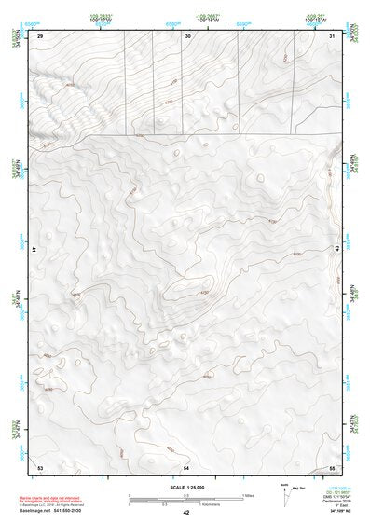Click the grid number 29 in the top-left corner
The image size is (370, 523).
40,35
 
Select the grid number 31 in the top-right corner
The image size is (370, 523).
332,35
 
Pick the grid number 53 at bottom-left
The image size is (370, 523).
40,465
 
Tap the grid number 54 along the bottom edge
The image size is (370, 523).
186,465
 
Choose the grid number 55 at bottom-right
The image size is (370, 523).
332,465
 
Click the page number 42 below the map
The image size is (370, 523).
186,513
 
